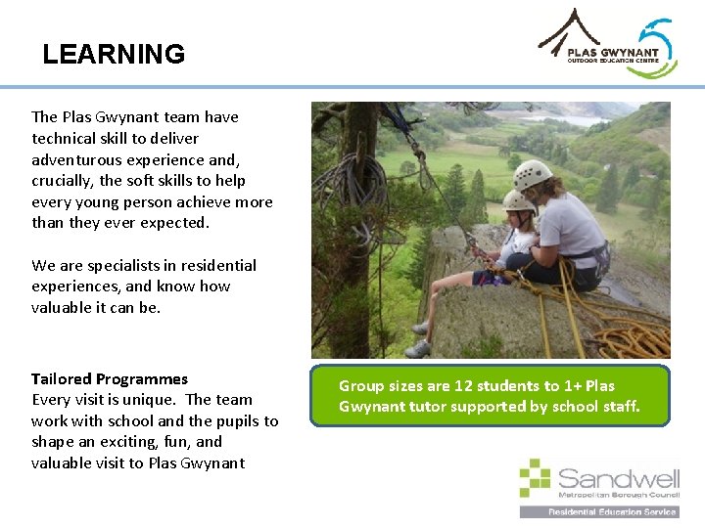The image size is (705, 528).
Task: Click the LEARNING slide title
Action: pos(114,54)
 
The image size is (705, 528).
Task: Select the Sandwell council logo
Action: pos(599,487)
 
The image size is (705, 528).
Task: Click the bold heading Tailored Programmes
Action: pos(110,378)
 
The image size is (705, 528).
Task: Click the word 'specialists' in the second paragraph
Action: pos(121,265)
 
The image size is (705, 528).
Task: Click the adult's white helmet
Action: pos(533,174)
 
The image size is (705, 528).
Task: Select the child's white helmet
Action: pos(518,200)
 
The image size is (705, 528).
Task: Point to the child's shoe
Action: pos(418,348)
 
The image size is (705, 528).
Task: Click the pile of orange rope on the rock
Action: pos(627,336)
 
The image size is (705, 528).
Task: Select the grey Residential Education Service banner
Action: pos(599,511)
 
